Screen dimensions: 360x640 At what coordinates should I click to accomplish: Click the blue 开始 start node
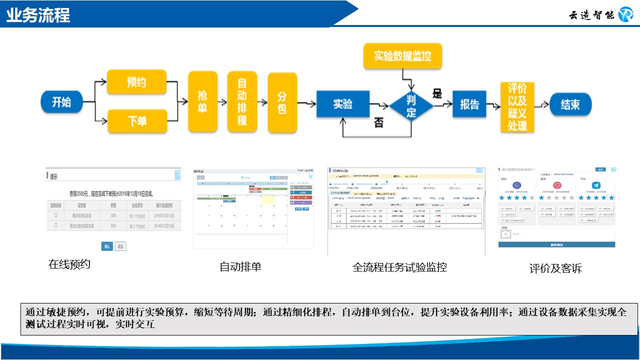click(61, 103)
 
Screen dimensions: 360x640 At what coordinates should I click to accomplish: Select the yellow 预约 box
click(136, 82)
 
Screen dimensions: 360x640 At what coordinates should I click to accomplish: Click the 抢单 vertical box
click(202, 102)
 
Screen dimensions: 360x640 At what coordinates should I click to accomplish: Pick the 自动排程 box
click(242, 102)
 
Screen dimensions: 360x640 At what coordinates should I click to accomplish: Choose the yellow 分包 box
click(282, 102)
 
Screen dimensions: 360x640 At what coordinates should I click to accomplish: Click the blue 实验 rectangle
click(342, 104)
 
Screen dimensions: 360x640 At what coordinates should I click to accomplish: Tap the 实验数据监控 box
click(402, 55)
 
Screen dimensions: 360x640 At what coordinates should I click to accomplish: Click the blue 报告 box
click(469, 104)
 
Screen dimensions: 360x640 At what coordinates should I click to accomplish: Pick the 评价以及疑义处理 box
click(517, 107)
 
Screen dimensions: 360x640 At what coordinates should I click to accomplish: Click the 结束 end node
click(570, 105)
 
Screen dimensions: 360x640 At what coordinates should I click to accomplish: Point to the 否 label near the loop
click(379, 123)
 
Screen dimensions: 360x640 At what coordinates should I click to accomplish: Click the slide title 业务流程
click(38, 15)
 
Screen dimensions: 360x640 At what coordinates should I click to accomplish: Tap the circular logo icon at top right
click(625, 14)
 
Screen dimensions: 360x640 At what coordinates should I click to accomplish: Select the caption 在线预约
click(69, 264)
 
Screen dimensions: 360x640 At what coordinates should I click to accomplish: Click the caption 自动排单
click(240, 266)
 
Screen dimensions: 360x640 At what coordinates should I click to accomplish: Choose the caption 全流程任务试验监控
click(399, 267)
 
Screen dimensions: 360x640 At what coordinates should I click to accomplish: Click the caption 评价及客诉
click(555, 268)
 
